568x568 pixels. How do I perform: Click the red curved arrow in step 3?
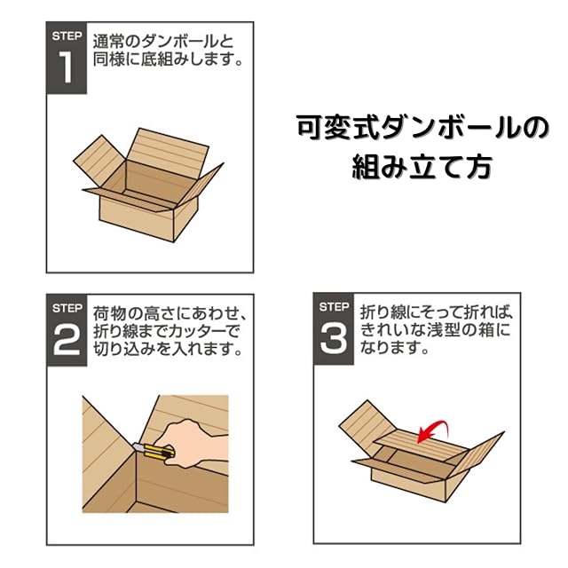[433, 430]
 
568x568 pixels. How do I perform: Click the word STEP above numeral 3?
[334, 307]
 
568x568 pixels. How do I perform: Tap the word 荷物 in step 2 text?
[109, 313]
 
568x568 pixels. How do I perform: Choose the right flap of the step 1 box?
[201, 185]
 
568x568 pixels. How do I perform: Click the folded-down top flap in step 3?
[422, 444]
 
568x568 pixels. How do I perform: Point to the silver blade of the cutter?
[138, 447]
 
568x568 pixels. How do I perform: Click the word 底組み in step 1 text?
[164, 59]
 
